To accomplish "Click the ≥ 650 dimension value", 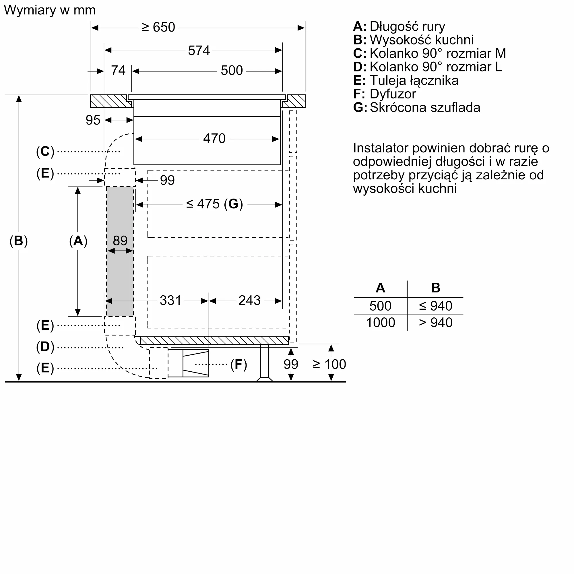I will click(158, 27).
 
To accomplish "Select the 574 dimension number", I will click(199, 51).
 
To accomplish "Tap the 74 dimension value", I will click(118, 71).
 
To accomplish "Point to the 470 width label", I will click(214, 138).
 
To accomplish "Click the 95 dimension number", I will click(93, 120).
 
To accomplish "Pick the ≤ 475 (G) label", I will click(214, 204).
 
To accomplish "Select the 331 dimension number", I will click(170, 300).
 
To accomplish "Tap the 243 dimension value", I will click(249, 300).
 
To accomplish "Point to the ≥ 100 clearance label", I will click(329, 364).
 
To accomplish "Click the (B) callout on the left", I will click(18, 241).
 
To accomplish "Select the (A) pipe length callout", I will click(78, 241).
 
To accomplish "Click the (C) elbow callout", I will click(45, 152).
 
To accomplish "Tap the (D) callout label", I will click(45, 347).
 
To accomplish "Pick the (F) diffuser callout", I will click(238, 364).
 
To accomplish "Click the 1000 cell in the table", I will click(380, 323).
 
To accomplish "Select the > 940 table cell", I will click(436, 323).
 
